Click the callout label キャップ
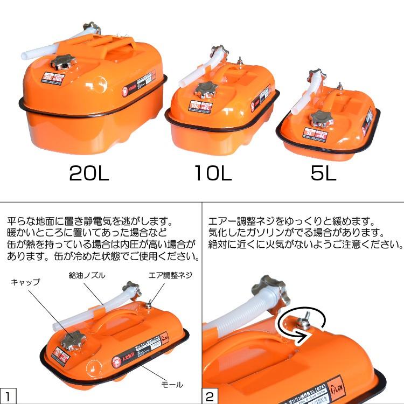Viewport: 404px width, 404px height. (x=25, y=281)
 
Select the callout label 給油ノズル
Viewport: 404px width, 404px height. (x=87, y=275)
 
